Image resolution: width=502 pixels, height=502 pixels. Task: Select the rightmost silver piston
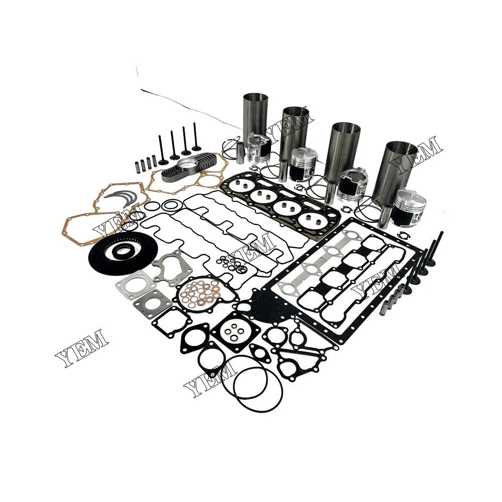pos(409,206)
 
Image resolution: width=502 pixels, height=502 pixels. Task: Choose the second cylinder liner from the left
pos(295,133)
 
